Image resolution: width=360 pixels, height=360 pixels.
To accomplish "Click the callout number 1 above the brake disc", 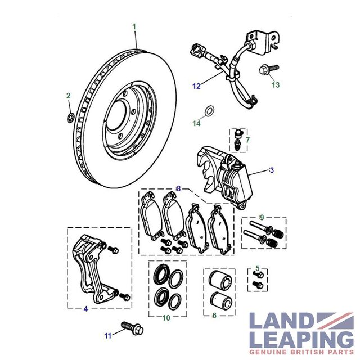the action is [134, 27].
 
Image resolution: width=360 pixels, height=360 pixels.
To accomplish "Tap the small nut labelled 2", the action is [70, 118].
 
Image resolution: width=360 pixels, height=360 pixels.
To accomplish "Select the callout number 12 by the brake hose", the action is [196, 86].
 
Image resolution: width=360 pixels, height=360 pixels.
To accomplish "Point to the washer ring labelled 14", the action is [209, 111].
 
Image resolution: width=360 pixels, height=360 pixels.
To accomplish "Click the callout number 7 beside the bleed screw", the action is [247, 140].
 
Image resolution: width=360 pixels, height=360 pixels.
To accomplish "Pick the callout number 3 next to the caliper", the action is [272, 170].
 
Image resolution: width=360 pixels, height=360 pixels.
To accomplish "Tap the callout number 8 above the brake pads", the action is [178, 188].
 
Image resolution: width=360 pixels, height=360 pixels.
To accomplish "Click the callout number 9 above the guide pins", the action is [262, 217].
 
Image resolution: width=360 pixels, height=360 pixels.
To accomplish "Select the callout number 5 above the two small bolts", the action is [258, 268].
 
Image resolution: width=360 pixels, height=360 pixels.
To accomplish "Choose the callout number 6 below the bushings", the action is [214, 316].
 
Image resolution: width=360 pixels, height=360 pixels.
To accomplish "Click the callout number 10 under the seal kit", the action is [166, 318].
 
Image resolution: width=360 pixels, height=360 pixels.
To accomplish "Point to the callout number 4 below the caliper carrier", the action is [86, 309].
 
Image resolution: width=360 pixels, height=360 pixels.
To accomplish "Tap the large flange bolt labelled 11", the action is [132, 328].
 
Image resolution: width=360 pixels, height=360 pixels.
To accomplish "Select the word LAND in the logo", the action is [282, 321].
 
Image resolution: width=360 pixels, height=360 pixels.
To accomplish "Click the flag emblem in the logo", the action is [335, 321].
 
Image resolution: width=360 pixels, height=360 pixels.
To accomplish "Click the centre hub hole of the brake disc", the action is [116, 116].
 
